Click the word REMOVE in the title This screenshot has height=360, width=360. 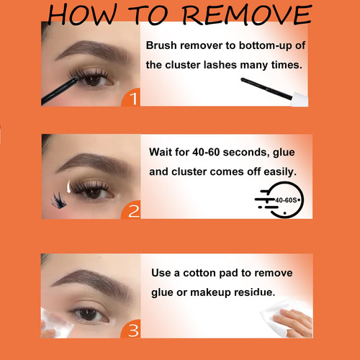click(x=247, y=15)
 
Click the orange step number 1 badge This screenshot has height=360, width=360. click(x=131, y=97)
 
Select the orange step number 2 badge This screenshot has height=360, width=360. click(x=131, y=210)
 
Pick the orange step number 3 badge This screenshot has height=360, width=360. click(x=131, y=329)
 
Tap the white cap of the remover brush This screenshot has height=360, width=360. click(x=300, y=99)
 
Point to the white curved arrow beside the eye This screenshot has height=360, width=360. click(x=69, y=186)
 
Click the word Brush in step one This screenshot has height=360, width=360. click(x=161, y=45)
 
